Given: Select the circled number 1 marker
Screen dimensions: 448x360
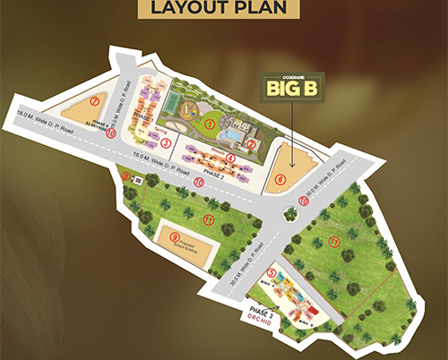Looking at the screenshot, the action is click(x=209, y=123).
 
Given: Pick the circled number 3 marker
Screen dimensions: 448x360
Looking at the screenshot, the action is click(x=165, y=143).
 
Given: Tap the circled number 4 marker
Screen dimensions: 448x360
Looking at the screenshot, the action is click(x=231, y=159).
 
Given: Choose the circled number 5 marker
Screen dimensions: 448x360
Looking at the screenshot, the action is click(x=272, y=272).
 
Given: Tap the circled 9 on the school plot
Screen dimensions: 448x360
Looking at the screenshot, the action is click(x=175, y=237).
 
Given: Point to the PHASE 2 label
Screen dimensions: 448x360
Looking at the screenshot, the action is click(x=214, y=173).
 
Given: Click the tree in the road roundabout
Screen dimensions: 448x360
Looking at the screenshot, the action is click(x=290, y=213).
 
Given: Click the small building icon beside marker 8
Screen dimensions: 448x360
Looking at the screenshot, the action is click(x=138, y=180).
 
